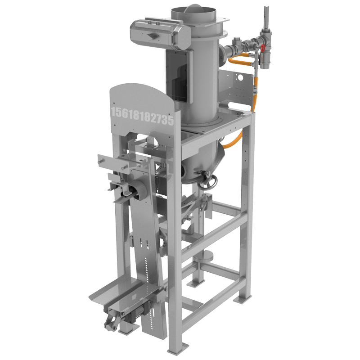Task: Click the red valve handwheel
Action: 263,48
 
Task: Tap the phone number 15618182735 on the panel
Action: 142,116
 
